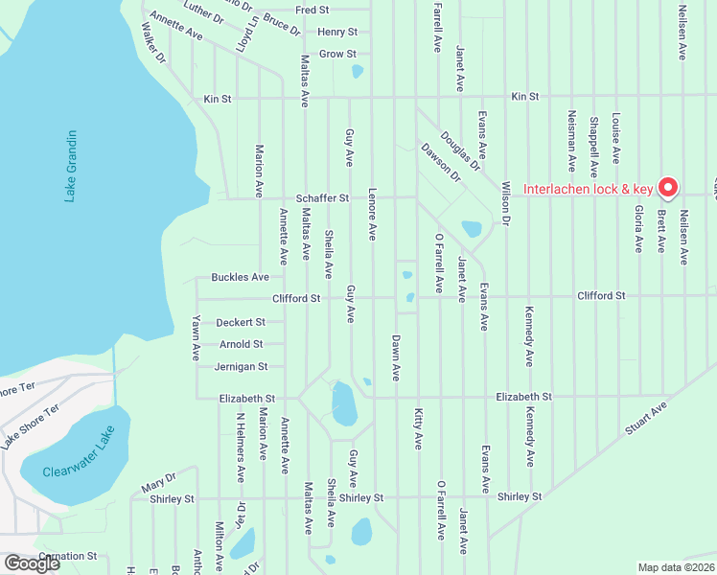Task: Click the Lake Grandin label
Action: pyautogui.click(x=70, y=166)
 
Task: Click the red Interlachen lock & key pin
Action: pyautogui.click(x=669, y=187)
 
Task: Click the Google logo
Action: pyautogui.click(x=32, y=563)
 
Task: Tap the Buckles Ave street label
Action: pyautogui.click(x=241, y=277)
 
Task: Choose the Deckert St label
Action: pyautogui.click(x=240, y=322)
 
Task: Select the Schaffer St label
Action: pyautogui.click(x=322, y=198)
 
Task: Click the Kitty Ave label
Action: pyautogui.click(x=418, y=428)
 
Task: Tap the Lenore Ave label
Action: pyautogui.click(x=372, y=219)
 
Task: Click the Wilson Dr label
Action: pyautogui.click(x=505, y=218)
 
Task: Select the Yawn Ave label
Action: pyautogui.click(x=196, y=337)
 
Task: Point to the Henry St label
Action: pyautogui.click(x=337, y=32)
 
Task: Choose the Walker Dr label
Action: pyautogui.click(x=153, y=44)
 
